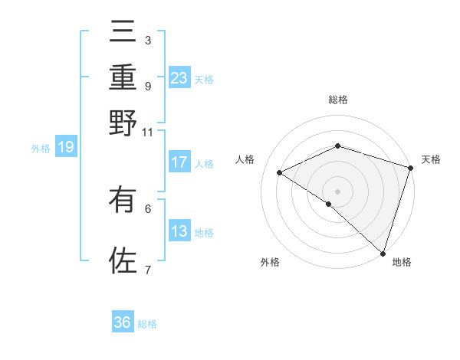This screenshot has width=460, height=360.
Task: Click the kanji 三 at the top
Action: (123, 35)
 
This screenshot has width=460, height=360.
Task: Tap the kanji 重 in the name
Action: (123, 79)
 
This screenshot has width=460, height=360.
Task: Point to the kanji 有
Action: (123, 201)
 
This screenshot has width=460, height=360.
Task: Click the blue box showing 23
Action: (179, 77)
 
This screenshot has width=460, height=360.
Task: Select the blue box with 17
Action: (179, 162)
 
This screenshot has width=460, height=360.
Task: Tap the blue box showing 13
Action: (179, 231)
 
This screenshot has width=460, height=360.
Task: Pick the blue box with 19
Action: (66, 147)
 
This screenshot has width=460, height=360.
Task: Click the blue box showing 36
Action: (123, 322)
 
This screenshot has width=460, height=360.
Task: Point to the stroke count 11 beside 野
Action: (147, 131)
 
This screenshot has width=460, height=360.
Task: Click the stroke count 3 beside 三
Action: (147, 40)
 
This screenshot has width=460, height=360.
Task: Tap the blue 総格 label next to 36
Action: (148, 324)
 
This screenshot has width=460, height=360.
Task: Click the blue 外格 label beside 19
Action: (40, 149)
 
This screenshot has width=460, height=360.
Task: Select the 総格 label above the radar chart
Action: (337, 100)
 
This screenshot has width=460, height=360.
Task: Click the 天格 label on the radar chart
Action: (432, 159)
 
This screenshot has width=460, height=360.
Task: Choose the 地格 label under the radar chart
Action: (402, 262)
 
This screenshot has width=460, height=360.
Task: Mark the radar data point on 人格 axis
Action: (280, 173)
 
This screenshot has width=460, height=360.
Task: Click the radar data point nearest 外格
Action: (328, 205)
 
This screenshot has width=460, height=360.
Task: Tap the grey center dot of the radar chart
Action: (337, 190)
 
